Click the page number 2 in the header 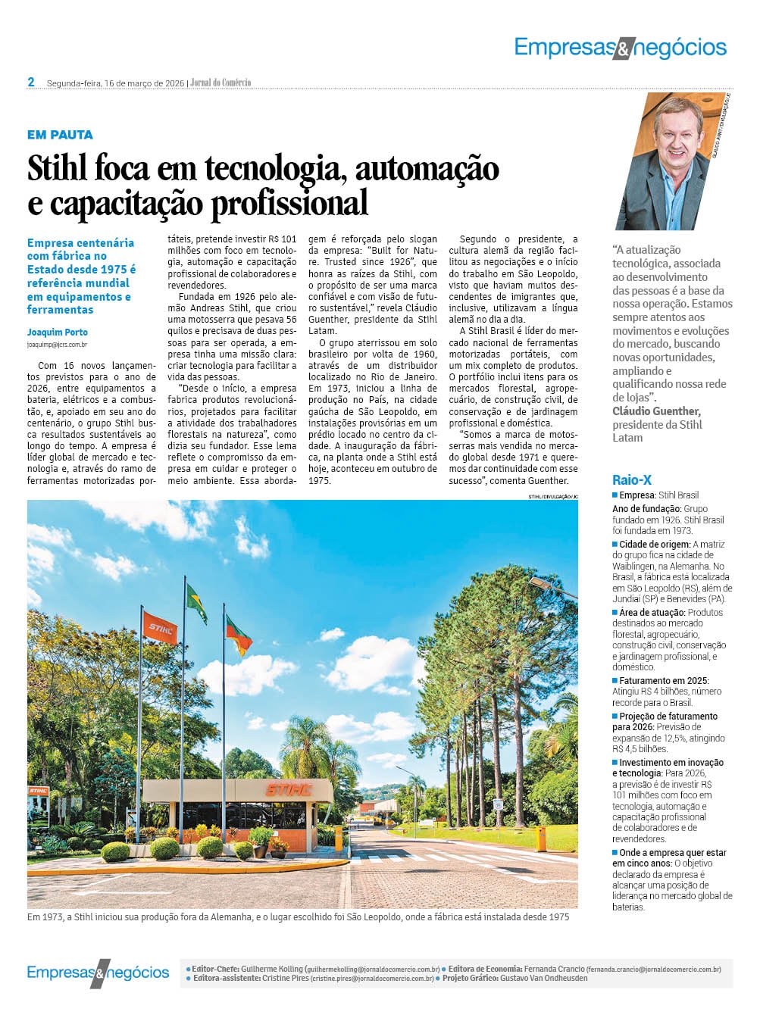(x=31, y=82)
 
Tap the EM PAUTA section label (x=60, y=135)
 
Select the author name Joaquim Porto (x=58, y=332)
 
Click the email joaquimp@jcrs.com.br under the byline (x=57, y=345)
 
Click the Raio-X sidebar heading (x=632, y=479)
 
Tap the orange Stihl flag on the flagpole (x=159, y=626)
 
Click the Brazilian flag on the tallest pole (x=196, y=602)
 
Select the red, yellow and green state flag (x=239, y=635)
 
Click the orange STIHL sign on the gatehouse (x=288, y=790)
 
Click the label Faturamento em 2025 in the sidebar (x=664, y=681)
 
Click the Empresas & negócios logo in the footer (x=98, y=973)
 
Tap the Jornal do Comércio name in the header (x=220, y=83)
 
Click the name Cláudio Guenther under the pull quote (x=656, y=411)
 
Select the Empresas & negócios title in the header (x=620, y=48)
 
